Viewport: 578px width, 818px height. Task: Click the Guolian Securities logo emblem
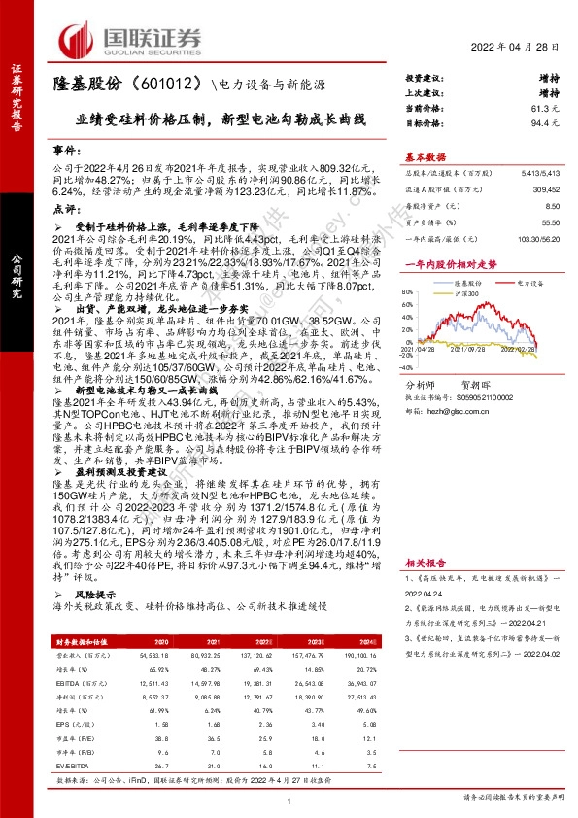pos(81,40)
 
